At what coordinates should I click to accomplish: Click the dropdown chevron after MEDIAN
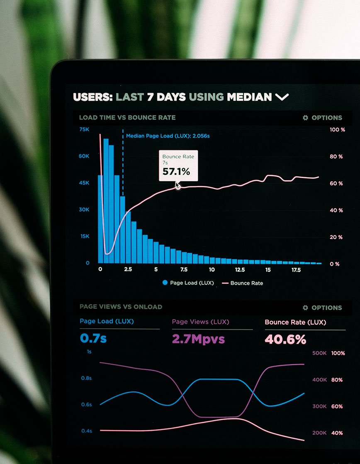pyautogui.click(x=282, y=97)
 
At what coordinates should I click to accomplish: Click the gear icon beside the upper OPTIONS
pyautogui.click(x=306, y=118)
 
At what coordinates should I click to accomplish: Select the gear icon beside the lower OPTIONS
pyautogui.click(x=306, y=308)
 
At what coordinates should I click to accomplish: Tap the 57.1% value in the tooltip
pyautogui.click(x=176, y=171)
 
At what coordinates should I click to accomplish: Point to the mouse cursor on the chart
pyautogui.click(x=178, y=186)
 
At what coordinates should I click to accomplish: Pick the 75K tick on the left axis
pyautogui.click(x=84, y=129)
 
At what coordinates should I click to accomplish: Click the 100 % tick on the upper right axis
pyautogui.click(x=337, y=130)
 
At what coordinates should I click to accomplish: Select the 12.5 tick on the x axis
pyautogui.click(x=240, y=269)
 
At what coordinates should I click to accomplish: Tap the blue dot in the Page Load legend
pyautogui.click(x=165, y=283)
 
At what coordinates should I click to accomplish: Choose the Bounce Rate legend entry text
pyautogui.click(x=246, y=283)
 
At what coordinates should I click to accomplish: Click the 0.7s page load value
pyautogui.click(x=93, y=338)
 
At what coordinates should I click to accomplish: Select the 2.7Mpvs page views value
pyautogui.click(x=198, y=339)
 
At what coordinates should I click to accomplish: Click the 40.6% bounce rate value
pyautogui.click(x=285, y=339)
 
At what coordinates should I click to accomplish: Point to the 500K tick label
pyautogui.click(x=319, y=353)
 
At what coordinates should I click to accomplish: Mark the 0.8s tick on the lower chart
pyautogui.click(x=86, y=378)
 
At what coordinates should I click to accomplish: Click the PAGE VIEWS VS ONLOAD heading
pyautogui.click(x=121, y=307)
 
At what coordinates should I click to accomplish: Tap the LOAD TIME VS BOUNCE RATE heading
pyautogui.click(x=127, y=117)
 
